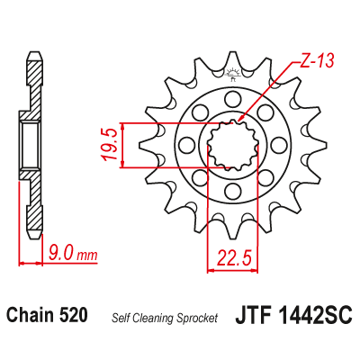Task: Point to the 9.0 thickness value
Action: [x=61, y=255]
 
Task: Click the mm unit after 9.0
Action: [x=87, y=256]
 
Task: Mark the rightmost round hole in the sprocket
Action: [x=281, y=143]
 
